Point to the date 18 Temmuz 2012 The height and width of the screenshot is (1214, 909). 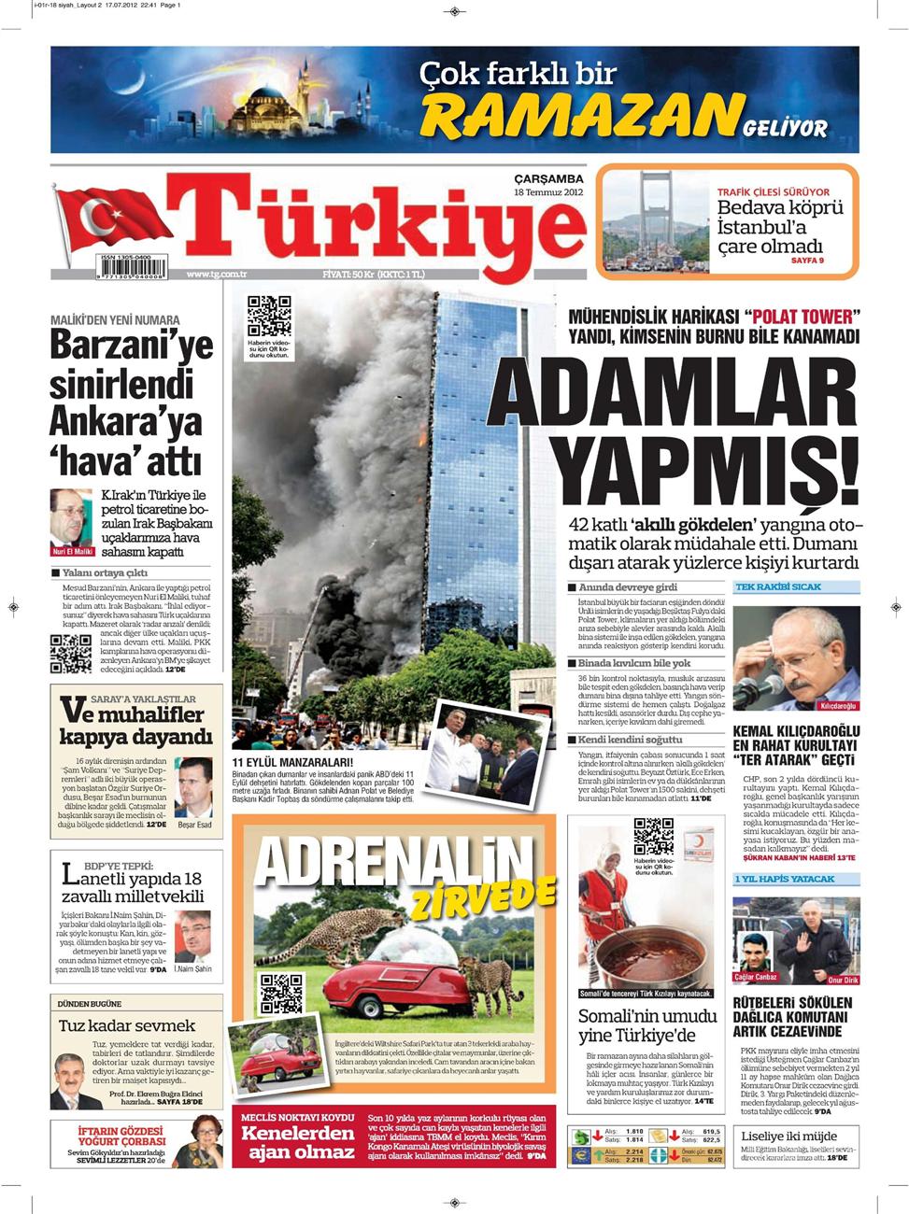[x=548, y=192]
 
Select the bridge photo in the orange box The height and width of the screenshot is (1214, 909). [x=655, y=221]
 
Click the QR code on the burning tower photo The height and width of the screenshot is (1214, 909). [x=269, y=318]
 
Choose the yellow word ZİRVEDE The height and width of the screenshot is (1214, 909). [x=484, y=897]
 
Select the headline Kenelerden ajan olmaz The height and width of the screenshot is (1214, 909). [x=298, y=1141]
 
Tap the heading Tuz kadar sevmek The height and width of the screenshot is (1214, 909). [x=127, y=1025]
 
